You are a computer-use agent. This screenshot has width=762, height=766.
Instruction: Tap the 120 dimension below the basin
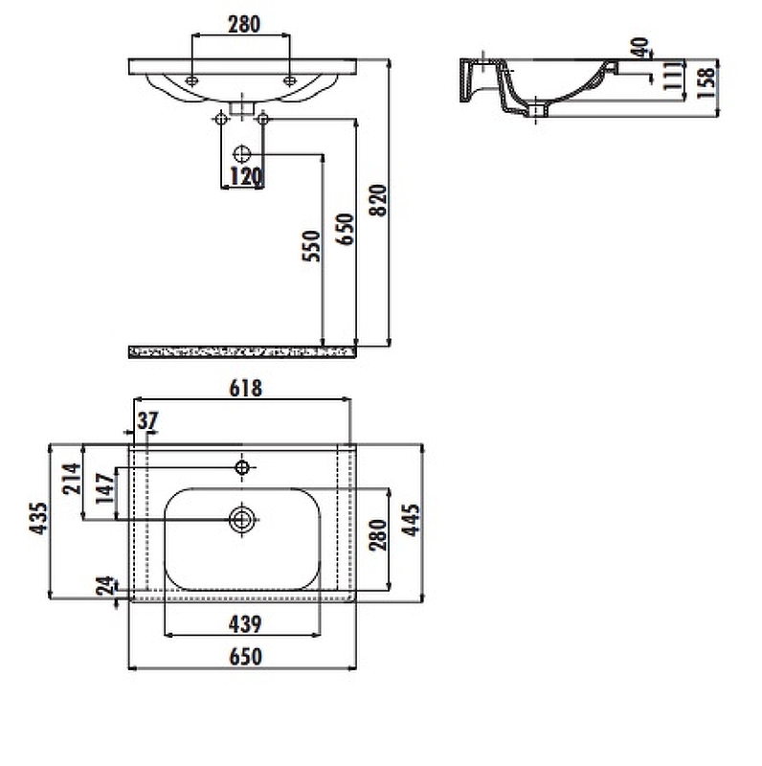244,176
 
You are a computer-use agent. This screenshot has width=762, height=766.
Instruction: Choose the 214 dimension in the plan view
70,477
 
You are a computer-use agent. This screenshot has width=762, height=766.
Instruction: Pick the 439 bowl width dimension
244,624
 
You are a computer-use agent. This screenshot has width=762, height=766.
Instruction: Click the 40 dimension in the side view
639,48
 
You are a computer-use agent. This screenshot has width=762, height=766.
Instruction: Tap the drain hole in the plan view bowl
241,519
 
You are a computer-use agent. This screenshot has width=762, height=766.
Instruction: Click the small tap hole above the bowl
241,467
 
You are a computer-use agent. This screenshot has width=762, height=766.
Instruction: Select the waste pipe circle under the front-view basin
241,153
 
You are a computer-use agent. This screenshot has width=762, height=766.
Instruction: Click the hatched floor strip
243,352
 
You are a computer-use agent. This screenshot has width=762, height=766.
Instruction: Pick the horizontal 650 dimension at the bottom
244,657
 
